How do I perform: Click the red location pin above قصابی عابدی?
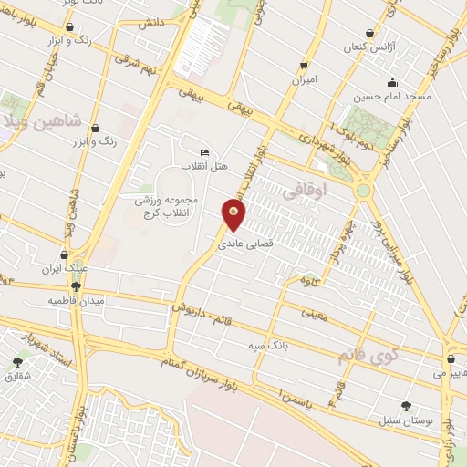(x=234, y=216)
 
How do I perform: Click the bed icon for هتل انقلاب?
(x=204, y=151)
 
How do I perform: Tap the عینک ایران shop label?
(x=63, y=269)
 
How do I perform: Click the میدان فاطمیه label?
(x=77, y=300)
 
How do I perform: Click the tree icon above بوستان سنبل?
(x=406, y=406)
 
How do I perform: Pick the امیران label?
(x=304, y=79)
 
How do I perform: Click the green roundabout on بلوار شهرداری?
(x=364, y=191)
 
